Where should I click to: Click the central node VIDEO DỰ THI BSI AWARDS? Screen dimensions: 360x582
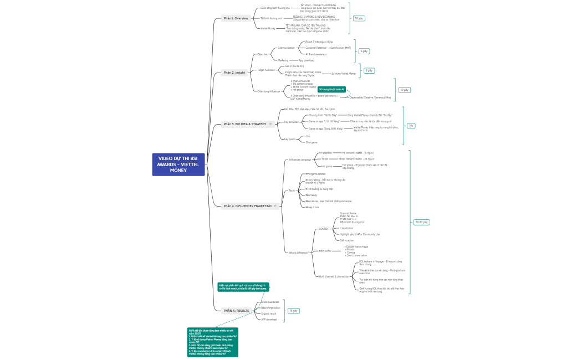[x=178, y=164]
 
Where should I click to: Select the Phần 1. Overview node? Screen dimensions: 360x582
[x=236, y=18]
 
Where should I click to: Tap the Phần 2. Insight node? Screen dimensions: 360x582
[x=234, y=73]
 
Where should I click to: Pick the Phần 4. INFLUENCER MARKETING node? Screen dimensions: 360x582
[x=247, y=206]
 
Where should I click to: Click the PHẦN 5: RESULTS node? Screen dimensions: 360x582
[x=236, y=311]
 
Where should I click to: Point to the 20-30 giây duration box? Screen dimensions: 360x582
[x=421, y=222]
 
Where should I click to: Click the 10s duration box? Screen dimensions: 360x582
[x=411, y=126]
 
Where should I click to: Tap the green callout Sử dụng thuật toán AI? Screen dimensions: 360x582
[x=332, y=89]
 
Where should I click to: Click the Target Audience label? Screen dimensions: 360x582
[x=266, y=70]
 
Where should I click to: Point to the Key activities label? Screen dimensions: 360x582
[x=290, y=122]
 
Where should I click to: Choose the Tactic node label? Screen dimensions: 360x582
[x=292, y=191]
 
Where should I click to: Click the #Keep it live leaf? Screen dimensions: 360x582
[x=312, y=207]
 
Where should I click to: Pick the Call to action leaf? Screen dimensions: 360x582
[x=348, y=240]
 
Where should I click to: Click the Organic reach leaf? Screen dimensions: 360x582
[x=269, y=313]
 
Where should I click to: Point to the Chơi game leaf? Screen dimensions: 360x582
[x=311, y=142]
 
